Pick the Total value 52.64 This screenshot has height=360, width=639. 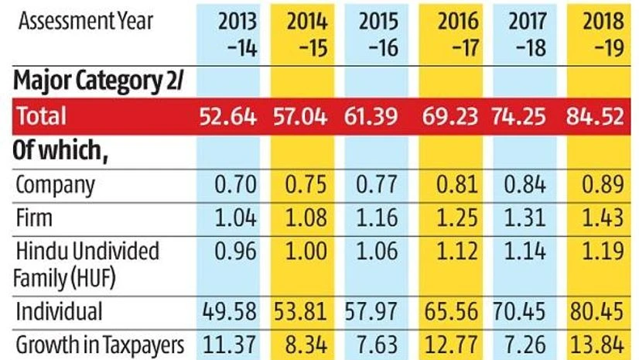pyautogui.click(x=230, y=116)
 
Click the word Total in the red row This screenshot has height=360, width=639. pyautogui.click(x=43, y=116)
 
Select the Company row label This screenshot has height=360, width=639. pyautogui.click(x=55, y=185)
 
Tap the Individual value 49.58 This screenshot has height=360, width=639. pyautogui.click(x=230, y=311)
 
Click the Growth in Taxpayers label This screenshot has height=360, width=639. pyautogui.click(x=101, y=344)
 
